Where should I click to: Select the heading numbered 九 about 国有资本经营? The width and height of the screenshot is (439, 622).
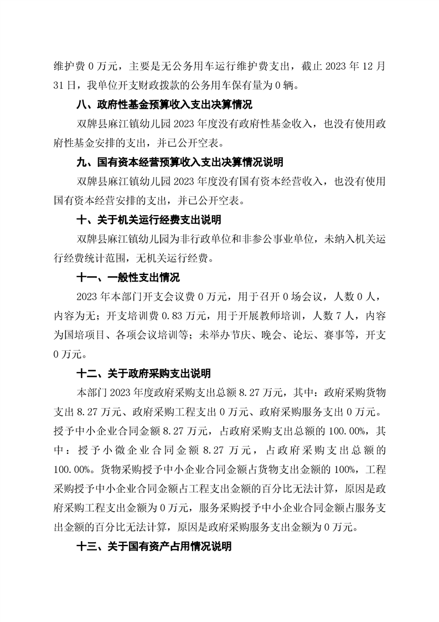pos(179,162)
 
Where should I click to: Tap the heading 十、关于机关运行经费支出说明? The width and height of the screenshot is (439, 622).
pos(149,220)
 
